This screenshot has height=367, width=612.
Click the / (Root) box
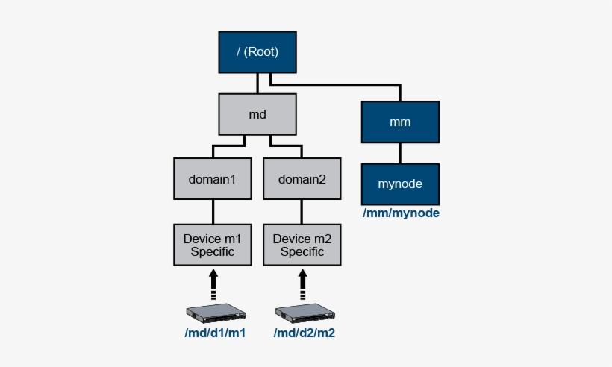click(257, 52)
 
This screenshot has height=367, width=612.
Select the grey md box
click(257, 113)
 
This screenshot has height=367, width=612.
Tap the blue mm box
click(400, 122)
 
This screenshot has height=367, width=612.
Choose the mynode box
click(400, 183)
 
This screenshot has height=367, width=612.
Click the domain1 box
click(213, 179)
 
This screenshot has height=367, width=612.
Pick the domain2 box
click(302, 179)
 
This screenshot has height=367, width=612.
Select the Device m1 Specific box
click(213, 245)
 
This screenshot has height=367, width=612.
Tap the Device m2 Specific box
click(302, 245)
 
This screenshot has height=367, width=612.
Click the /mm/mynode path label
click(401, 213)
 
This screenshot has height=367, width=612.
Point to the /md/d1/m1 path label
click(215, 333)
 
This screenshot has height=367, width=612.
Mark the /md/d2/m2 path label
click(305, 333)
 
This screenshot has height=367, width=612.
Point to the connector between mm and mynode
click(401, 154)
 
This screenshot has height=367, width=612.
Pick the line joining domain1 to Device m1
click(213, 211)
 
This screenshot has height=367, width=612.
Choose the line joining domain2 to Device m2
click(303, 211)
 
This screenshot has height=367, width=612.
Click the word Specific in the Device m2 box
click(302, 252)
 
